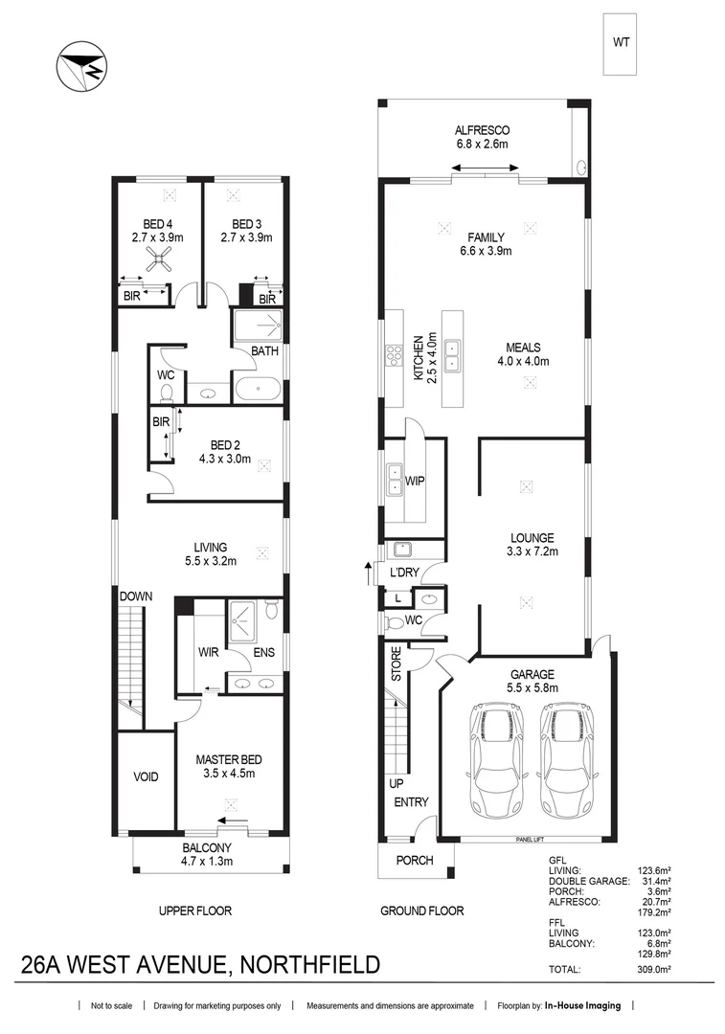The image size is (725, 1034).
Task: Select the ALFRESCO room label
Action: (482, 130)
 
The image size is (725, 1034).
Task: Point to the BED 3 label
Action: (246, 224)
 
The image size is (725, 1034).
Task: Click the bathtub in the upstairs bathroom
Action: (259, 390)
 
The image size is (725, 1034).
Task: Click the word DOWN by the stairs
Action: (136, 596)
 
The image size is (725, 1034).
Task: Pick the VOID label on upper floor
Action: (146, 777)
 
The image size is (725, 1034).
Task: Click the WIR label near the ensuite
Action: (209, 653)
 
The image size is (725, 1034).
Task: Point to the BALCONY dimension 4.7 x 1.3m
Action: (207, 861)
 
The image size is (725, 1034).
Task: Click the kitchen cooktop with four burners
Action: (393, 356)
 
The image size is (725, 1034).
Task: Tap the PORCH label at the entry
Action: (415, 860)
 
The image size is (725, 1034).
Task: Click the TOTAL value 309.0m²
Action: (657, 970)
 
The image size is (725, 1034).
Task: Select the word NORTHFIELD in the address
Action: (306, 963)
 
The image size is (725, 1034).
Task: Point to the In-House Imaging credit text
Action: (582, 1006)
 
